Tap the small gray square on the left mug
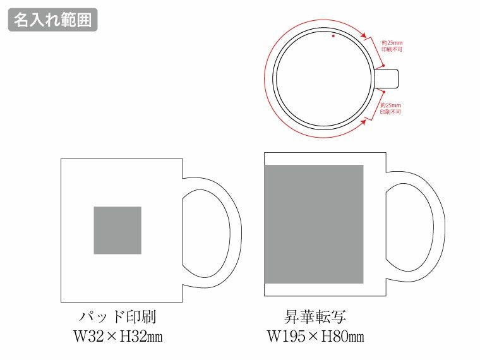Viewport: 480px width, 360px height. pos(117,231)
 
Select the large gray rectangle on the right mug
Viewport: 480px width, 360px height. pos(314,224)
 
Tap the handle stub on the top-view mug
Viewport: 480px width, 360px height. pos(387,78)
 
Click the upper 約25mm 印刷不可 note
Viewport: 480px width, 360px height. pos(392,45)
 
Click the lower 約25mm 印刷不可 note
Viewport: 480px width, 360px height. pos(392,108)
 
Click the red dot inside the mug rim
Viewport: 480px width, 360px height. pos(334,37)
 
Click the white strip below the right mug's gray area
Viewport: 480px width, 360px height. pos(314,289)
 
